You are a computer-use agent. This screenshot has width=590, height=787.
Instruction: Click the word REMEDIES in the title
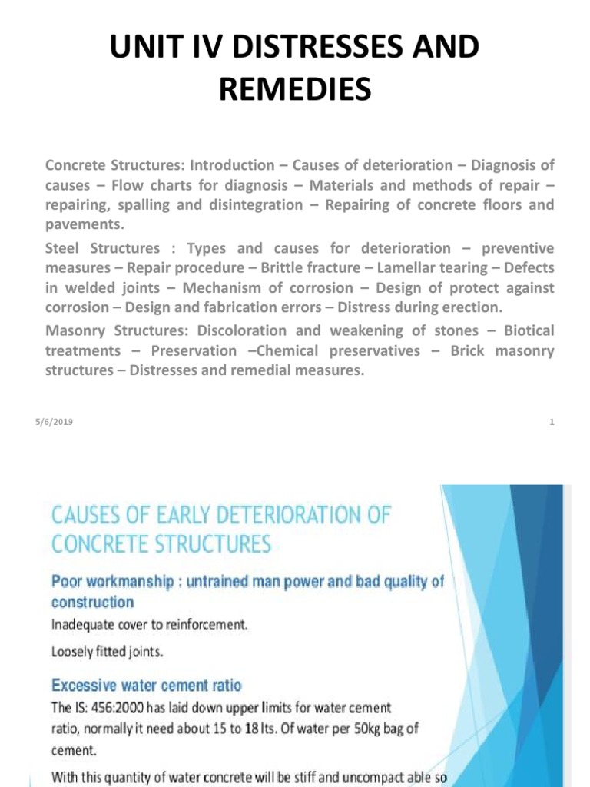pyautogui.click(x=295, y=90)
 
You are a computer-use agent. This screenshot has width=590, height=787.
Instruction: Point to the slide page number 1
pyautogui.click(x=552, y=422)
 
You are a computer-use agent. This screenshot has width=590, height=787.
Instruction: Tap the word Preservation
pyautogui.click(x=194, y=350)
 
